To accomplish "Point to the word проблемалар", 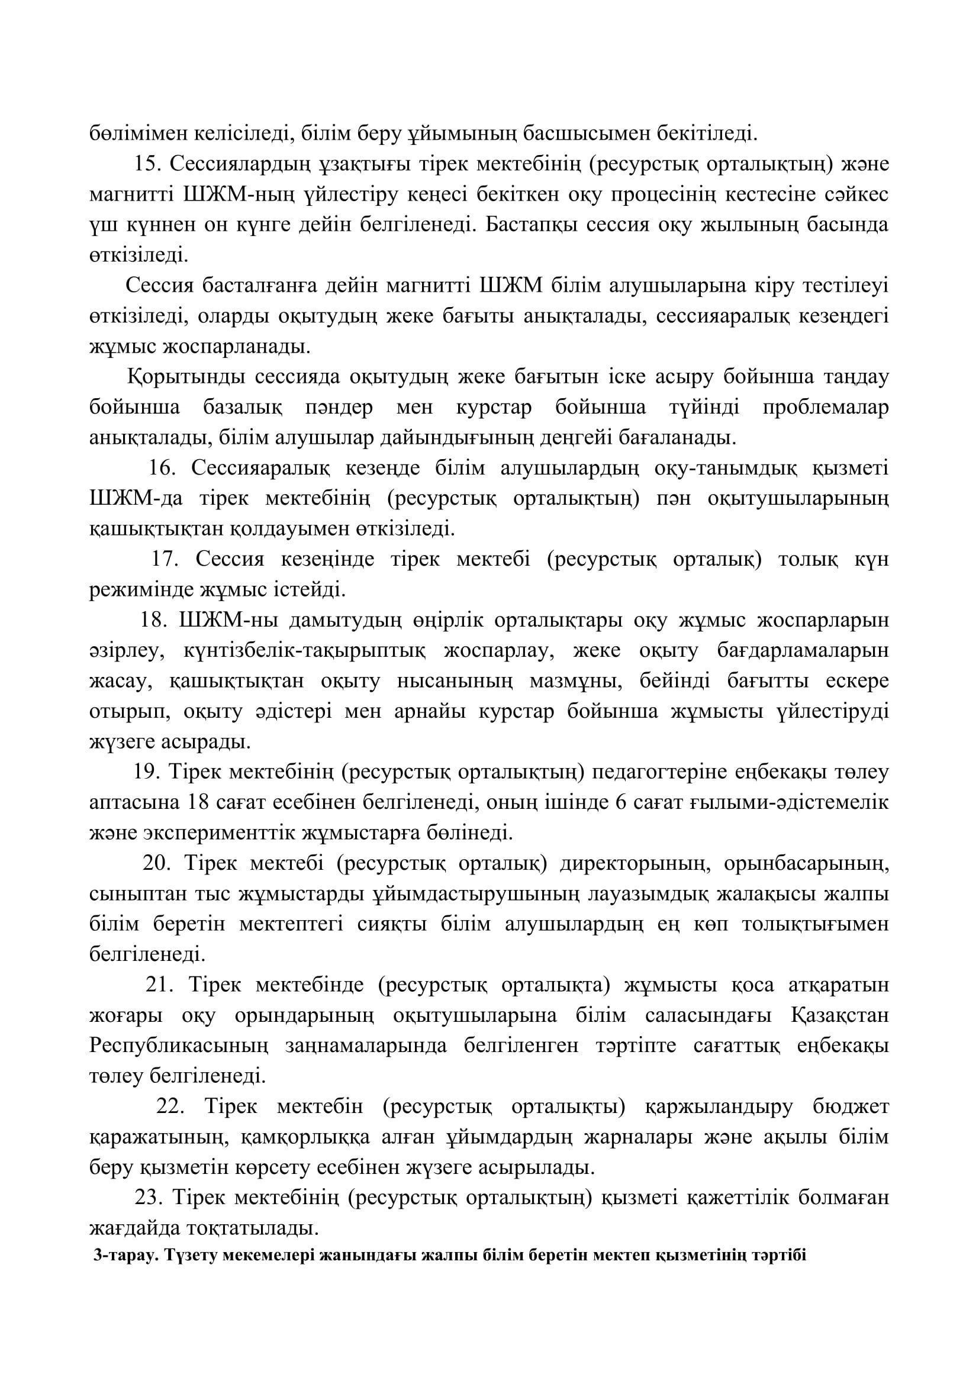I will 825,408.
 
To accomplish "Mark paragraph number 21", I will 160,985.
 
